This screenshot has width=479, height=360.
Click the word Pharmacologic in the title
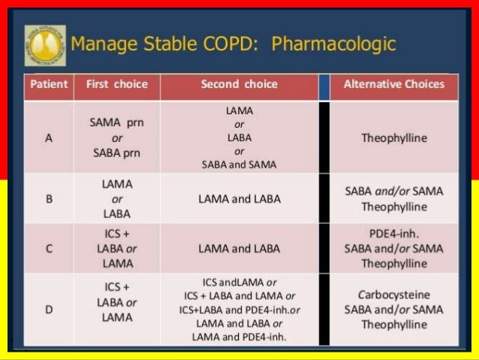tap(333, 44)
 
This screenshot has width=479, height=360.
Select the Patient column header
tap(48, 84)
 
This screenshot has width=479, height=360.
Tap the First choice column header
tap(116, 84)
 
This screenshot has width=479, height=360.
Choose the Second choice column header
tap(239, 84)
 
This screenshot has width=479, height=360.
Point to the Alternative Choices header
tap(393, 84)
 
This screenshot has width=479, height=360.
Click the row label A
tap(48, 138)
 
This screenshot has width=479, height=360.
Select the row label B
tap(48, 199)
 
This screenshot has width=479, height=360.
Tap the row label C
tap(48, 248)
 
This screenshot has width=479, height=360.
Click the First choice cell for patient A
tap(116, 138)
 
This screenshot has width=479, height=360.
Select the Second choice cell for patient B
tap(239, 199)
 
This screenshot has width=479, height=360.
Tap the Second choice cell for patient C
tap(239, 248)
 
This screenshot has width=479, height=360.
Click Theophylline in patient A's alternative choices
tap(393, 138)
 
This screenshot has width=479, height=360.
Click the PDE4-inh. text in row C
tap(393, 233)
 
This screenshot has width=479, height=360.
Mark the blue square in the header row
tap(324, 86)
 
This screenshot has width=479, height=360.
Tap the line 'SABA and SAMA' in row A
tap(239, 165)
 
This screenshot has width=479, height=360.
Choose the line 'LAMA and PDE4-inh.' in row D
tap(239, 337)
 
